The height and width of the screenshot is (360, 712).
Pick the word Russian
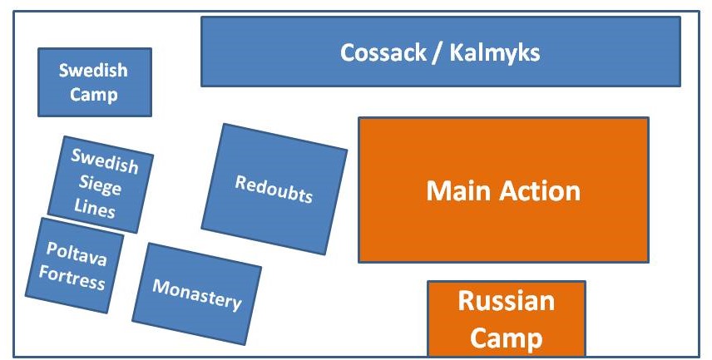click(506, 301)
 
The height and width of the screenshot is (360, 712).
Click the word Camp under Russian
click(506, 338)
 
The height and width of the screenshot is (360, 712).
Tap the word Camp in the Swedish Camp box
click(93, 94)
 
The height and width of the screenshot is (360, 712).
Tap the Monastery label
click(196, 293)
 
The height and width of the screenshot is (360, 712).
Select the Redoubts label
click(274, 190)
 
